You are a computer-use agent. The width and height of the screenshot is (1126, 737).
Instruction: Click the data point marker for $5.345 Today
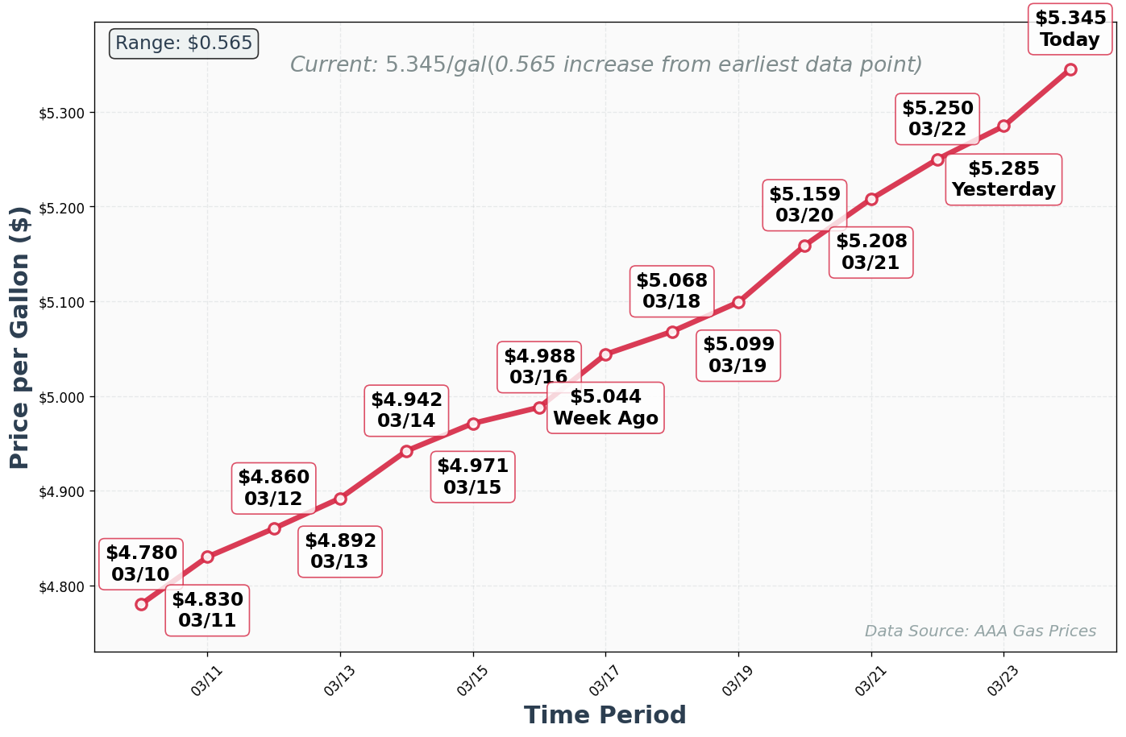pos(1070,70)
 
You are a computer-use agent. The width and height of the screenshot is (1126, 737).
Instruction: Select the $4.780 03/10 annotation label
pos(141,564)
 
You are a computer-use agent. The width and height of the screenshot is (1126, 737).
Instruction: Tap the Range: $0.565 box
pos(184,43)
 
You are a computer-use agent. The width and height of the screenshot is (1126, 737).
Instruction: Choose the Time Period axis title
pos(605,715)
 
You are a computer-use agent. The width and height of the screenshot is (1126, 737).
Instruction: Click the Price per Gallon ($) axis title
pos(19,337)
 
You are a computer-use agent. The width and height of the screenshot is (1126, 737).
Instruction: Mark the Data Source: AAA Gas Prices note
pos(980,631)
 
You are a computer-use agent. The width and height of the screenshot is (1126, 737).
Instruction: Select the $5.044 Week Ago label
pos(605,408)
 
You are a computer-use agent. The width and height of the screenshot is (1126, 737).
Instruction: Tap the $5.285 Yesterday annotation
pos(1003,179)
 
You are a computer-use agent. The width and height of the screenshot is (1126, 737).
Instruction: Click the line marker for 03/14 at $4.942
pos(406,451)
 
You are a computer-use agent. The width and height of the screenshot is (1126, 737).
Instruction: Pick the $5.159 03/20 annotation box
pos(804,205)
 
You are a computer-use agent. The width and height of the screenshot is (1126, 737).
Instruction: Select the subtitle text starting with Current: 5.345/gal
pos(606,64)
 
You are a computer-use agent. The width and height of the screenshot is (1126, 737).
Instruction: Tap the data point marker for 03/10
pos(141,604)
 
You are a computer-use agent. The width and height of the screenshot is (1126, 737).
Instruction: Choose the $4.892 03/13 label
pos(339,551)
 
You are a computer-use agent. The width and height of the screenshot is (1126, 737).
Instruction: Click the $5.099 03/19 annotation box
pos(738,355)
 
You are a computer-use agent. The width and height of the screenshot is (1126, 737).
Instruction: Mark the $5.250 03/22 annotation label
pos(937,118)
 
